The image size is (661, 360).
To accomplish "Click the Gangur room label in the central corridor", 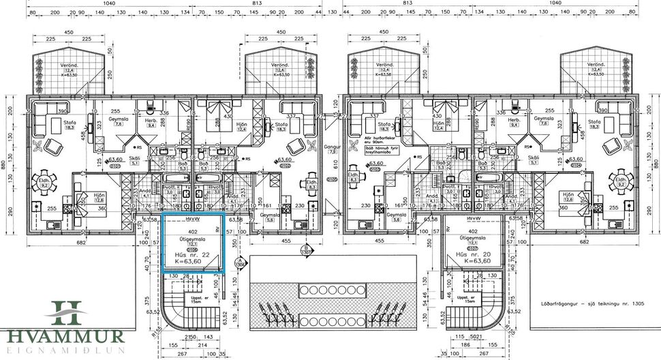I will (x=332, y=147).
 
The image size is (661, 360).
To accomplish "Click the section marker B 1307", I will (x=307, y=250).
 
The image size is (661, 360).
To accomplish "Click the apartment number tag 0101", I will (x=96, y=165).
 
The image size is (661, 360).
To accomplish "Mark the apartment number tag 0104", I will (x=575, y=165).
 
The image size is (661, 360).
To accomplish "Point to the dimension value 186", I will (x=466, y=345).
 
